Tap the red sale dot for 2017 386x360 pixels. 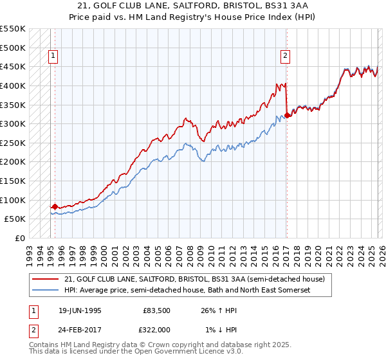287,116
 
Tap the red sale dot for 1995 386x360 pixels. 55,206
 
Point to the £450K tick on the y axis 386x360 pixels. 13,66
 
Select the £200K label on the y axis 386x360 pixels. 13,161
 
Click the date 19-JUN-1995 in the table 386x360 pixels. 80,310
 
